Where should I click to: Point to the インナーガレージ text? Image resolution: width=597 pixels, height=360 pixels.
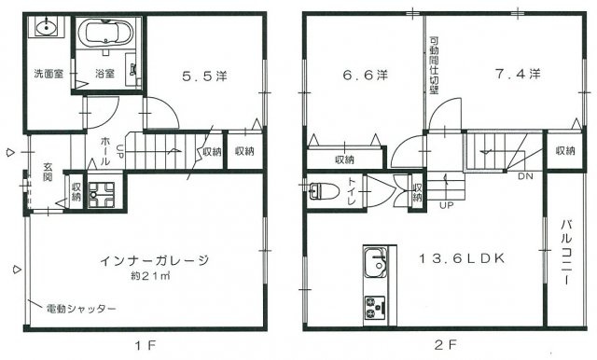point(155,260)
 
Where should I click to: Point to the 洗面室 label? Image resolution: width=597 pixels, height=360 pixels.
point(49,74)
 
